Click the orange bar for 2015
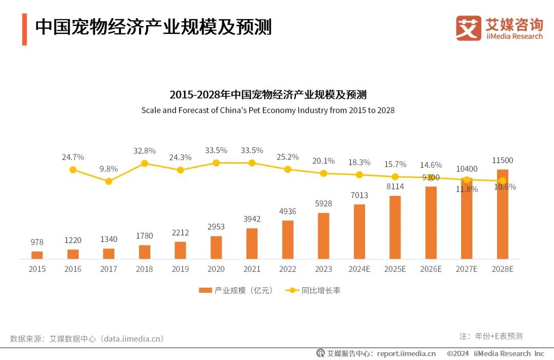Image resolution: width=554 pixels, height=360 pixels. [x=37, y=255]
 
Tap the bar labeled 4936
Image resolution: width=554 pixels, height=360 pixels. [x=288, y=239]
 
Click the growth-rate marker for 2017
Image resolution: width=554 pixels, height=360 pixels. [x=108, y=181]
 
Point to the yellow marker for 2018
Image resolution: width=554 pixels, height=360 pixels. [x=145, y=164]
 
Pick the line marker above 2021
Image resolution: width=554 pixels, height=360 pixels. [x=252, y=163]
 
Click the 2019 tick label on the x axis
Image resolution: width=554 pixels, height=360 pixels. [x=180, y=269]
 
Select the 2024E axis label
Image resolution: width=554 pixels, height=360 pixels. [x=359, y=269]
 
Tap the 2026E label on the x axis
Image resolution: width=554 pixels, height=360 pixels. [x=431, y=269]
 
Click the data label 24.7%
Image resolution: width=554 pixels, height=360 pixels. [x=73, y=157]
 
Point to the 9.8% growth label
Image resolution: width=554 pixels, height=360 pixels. [x=108, y=169]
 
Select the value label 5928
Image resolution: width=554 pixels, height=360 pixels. [x=323, y=204]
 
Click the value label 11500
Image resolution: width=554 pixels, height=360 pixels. [x=503, y=161]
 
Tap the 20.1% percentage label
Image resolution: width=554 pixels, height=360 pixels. [x=324, y=161]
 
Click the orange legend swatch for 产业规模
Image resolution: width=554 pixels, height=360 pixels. [x=205, y=290]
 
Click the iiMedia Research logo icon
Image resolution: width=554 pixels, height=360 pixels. [x=468, y=28]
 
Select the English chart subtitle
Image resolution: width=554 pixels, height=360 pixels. [x=268, y=110]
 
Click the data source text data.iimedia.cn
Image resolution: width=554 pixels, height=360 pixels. [x=132, y=338]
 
